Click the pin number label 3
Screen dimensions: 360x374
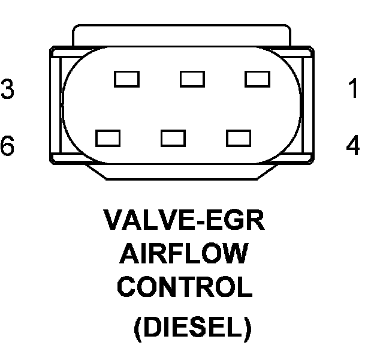click(x=8, y=89)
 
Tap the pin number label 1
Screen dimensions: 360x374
click(x=354, y=89)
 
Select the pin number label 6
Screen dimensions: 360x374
click(x=8, y=145)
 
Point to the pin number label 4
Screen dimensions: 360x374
click(x=354, y=145)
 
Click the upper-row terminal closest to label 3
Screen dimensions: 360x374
click(x=126, y=79)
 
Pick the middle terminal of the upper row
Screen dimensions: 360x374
click(x=192, y=79)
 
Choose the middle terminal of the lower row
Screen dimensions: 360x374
click(x=173, y=138)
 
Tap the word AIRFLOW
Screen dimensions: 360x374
click(x=183, y=254)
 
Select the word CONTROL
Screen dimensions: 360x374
click(x=184, y=287)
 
